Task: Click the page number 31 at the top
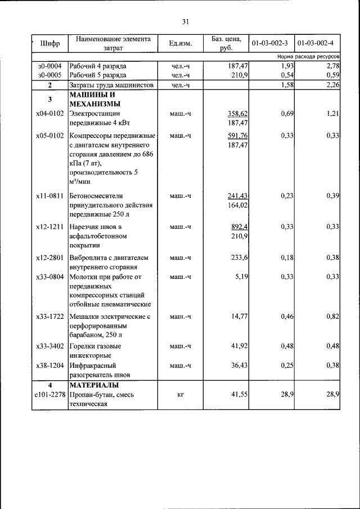(x=185, y=22)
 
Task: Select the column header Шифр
(x=49, y=43)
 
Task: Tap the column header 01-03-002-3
(x=270, y=43)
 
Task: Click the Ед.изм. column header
(x=180, y=43)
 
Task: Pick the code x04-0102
(x=49, y=114)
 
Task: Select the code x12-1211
(x=49, y=227)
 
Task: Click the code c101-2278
(x=49, y=395)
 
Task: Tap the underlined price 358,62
(x=237, y=114)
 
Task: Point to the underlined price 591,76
(x=237, y=136)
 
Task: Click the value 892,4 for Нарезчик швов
(x=240, y=227)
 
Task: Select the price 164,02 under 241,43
(x=237, y=205)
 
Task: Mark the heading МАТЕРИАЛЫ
(x=93, y=385)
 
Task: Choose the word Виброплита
(x=88, y=258)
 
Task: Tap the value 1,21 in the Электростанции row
(x=332, y=114)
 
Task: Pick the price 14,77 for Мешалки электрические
(x=240, y=317)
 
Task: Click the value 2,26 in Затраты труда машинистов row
(x=332, y=85)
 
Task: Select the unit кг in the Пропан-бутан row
(x=180, y=395)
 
